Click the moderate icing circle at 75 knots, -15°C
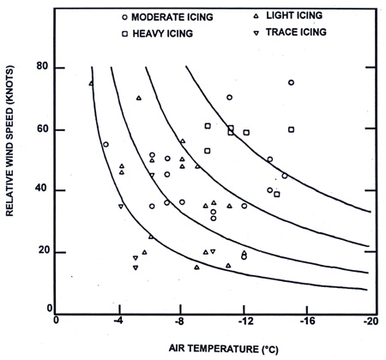[291, 83]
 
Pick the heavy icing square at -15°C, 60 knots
[291, 129]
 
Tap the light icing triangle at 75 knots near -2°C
[91, 83]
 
